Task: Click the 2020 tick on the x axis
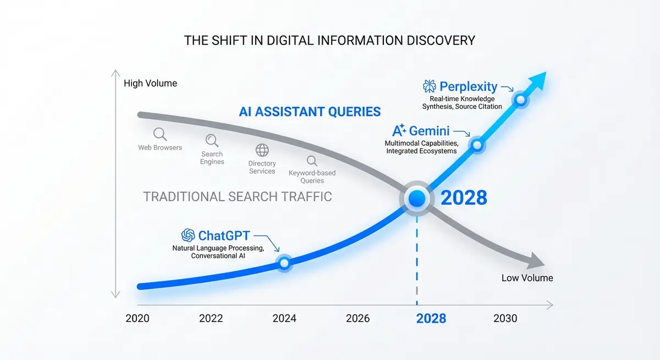click(137, 318)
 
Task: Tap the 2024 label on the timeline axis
click(284, 318)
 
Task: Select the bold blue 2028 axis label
click(431, 318)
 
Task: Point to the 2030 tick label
click(505, 318)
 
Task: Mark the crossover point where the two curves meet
click(417, 198)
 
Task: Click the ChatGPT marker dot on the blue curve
click(284, 263)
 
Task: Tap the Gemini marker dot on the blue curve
click(477, 145)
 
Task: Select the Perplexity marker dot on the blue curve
click(520, 100)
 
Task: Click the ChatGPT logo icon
click(188, 236)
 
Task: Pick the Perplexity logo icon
click(429, 86)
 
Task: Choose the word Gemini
click(429, 131)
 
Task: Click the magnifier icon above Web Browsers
click(159, 134)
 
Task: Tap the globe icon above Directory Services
click(262, 150)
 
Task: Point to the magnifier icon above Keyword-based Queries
click(312, 161)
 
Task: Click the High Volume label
click(150, 84)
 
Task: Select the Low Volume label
click(527, 278)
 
